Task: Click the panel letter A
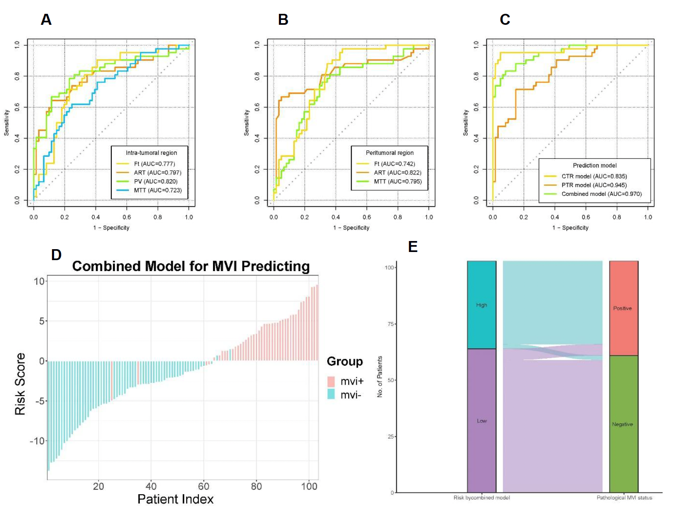[46, 20]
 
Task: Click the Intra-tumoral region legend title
[151, 153]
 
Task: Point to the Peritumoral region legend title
[389, 153]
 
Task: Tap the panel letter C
[505, 20]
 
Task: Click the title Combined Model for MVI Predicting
[191, 266]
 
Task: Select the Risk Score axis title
[20, 384]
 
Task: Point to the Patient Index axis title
[175, 499]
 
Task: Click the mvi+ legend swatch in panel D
[331, 381]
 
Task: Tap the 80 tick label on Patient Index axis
[256, 487]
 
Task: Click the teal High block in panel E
[482, 305]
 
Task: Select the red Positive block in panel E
[624, 308]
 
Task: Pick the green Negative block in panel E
[624, 424]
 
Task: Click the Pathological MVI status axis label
[624, 498]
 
